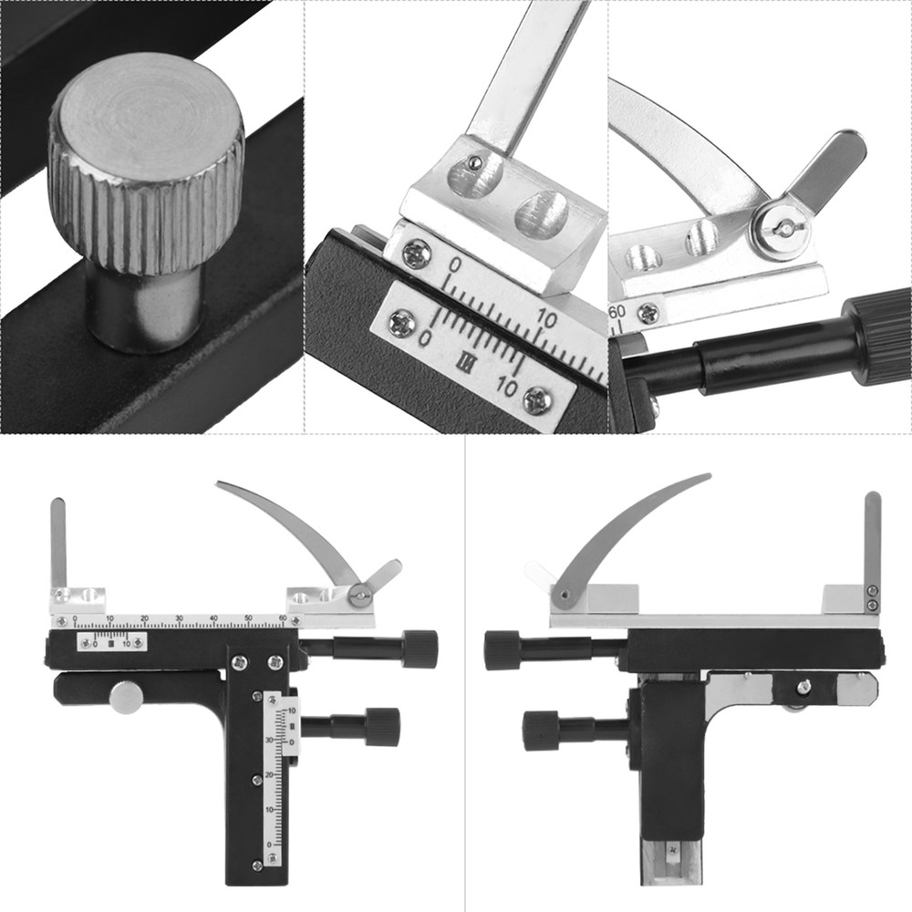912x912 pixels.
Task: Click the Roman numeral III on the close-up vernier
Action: tap(466, 361)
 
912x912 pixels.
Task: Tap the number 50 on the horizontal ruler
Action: tap(248, 618)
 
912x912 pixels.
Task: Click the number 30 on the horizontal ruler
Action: tap(179, 618)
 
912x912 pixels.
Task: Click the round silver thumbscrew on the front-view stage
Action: tap(126, 697)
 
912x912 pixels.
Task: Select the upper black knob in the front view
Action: tap(419, 648)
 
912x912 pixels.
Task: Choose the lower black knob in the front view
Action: tap(381, 727)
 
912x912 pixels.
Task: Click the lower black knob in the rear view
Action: tap(540, 731)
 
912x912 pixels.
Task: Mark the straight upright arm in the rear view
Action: tap(873, 538)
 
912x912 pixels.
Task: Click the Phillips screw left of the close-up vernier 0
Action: tap(402, 322)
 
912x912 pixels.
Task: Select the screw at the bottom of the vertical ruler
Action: tap(257, 865)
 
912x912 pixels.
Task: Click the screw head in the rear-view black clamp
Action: tap(803, 687)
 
